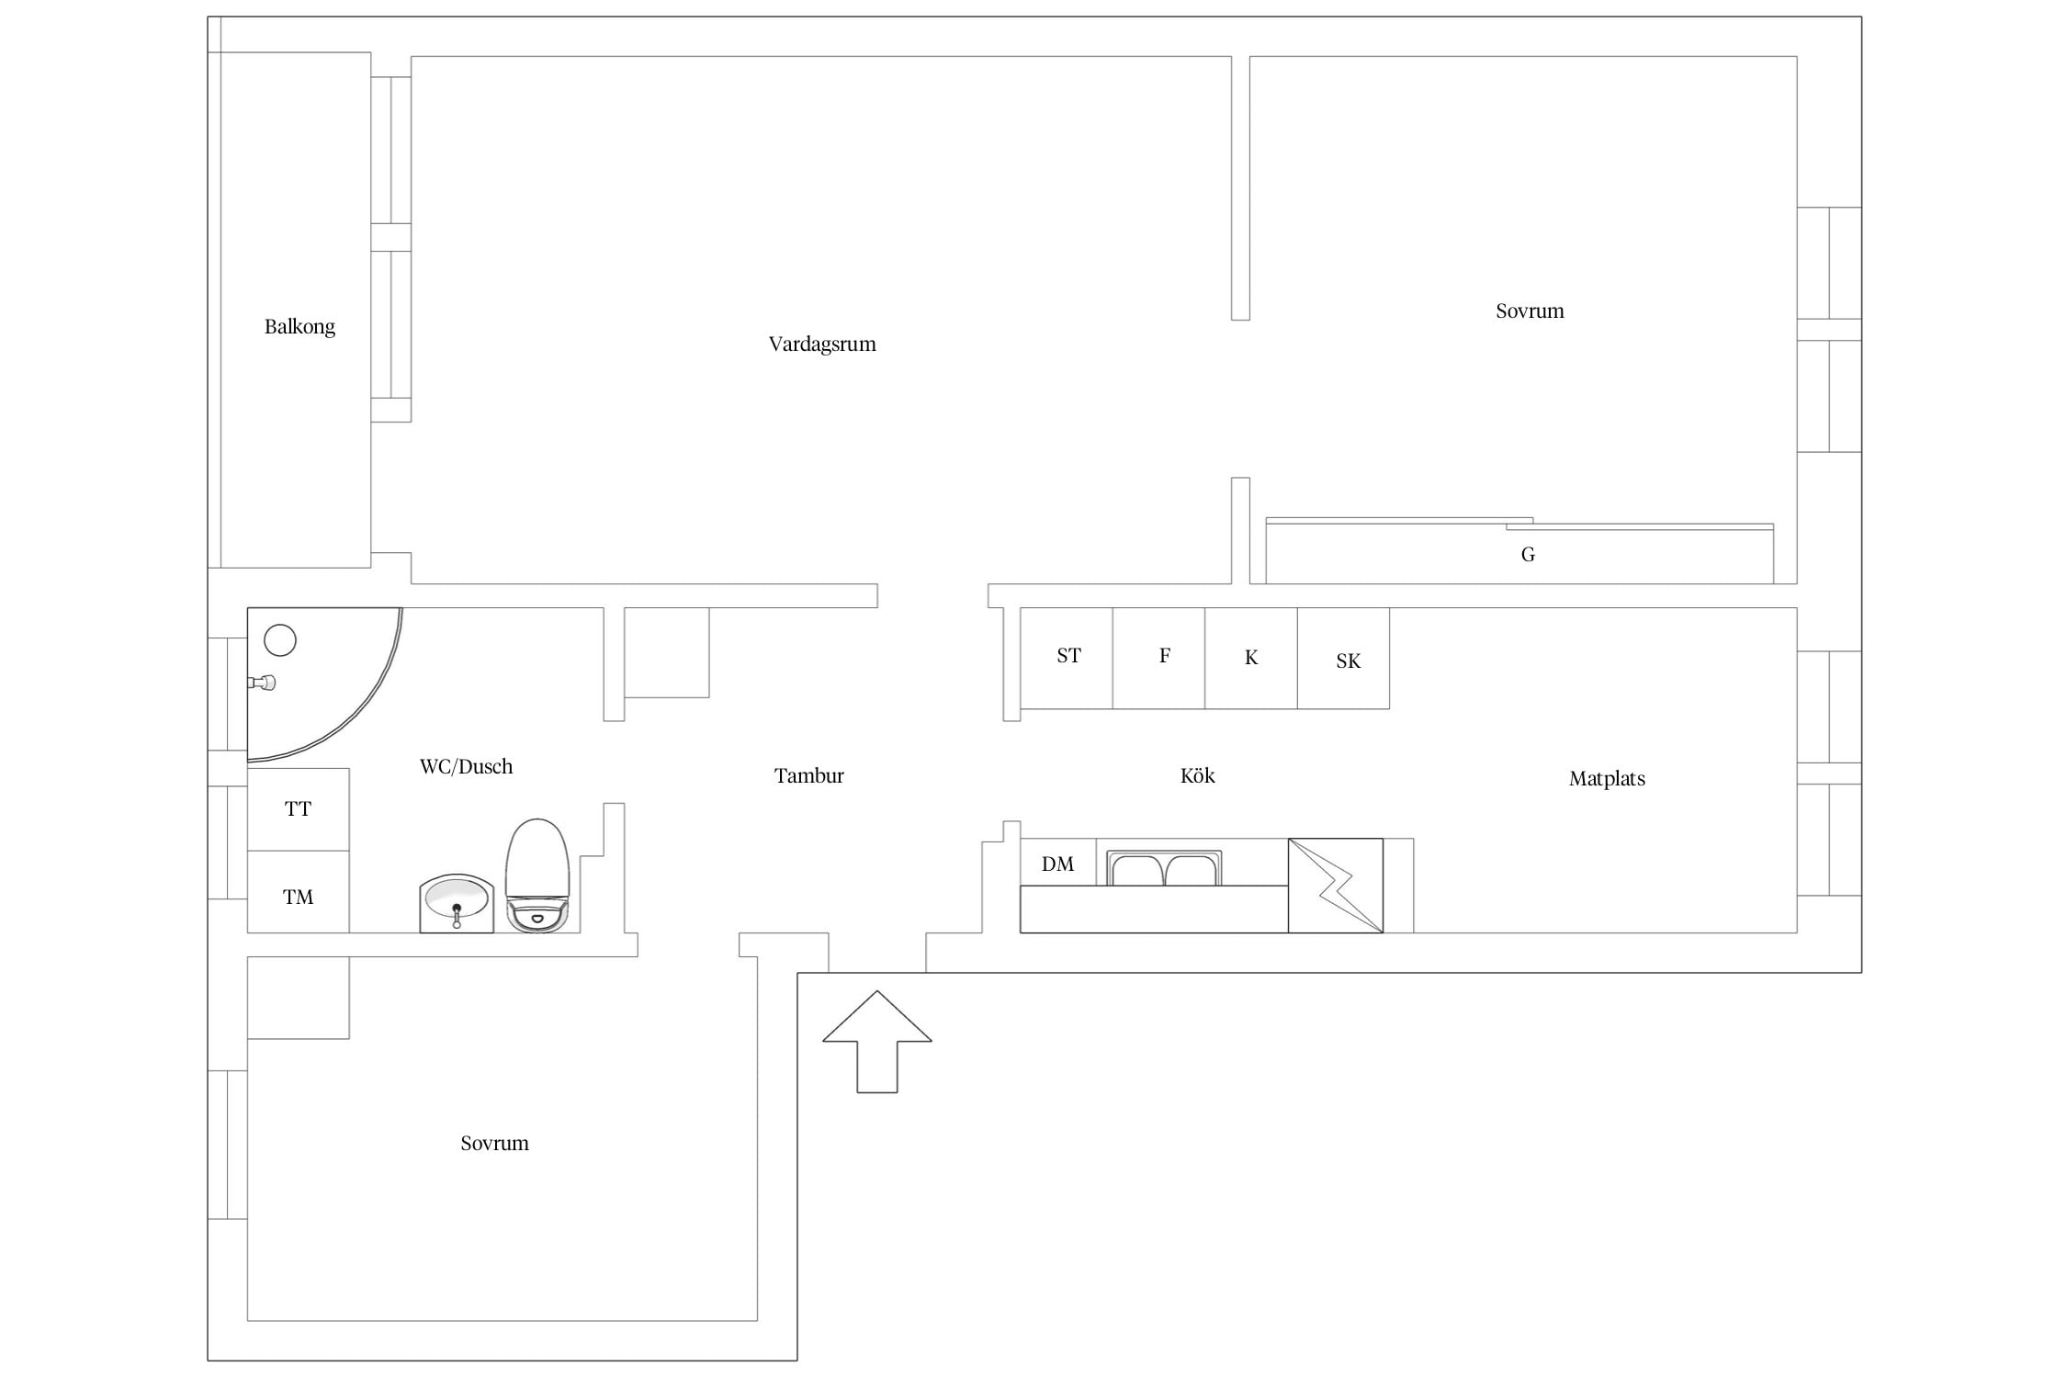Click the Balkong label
point(299,327)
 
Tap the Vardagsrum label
point(822,344)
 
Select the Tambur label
point(808,776)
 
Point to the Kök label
point(1197,776)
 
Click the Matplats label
point(1607,779)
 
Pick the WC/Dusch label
point(466,767)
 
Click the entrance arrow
point(877,1041)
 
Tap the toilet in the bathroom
point(538,875)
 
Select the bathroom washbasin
point(457,903)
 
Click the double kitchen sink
point(1164,868)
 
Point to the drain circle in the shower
point(280,639)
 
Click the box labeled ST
point(1067,658)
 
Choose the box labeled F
point(1159,658)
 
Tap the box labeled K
point(1251,658)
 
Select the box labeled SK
point(1344,658)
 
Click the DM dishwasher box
point(1058,863)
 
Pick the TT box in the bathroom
point(299,809)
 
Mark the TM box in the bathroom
point(299,892)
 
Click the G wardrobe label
point(1528,555)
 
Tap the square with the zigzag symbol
point(1336,886)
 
